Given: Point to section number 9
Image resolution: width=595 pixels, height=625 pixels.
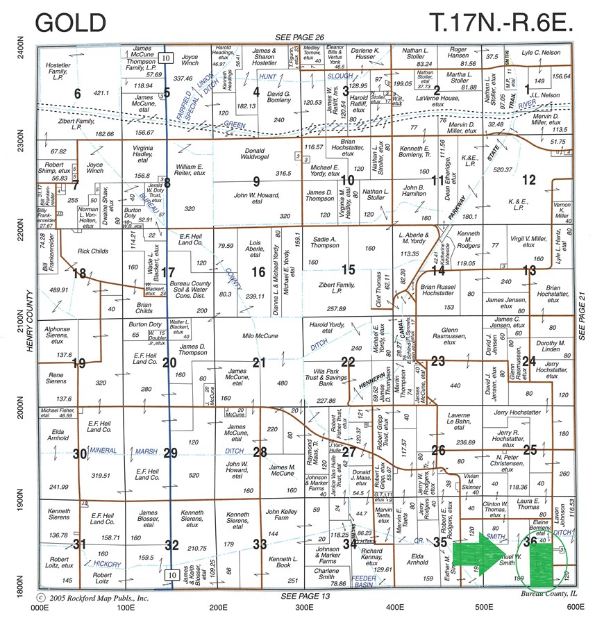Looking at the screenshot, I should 256,182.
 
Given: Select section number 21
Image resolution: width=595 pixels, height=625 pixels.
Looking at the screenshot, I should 259,362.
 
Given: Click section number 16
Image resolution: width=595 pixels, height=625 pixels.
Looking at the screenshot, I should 258,272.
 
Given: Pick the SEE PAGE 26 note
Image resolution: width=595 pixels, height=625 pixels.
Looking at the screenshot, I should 299,37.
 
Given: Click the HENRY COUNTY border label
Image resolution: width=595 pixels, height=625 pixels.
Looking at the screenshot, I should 30,323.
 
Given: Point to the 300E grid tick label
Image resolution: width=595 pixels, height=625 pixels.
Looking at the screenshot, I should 303,607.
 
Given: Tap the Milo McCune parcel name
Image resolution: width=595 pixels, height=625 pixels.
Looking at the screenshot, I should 260,336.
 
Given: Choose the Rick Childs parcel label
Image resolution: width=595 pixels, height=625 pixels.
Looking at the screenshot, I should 92,251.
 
